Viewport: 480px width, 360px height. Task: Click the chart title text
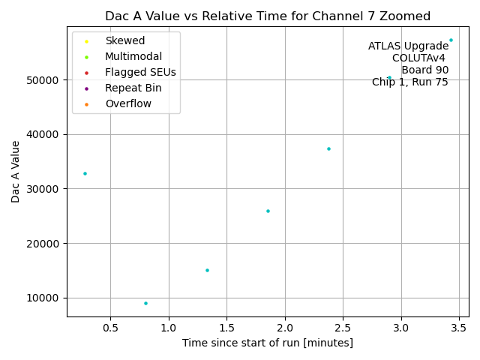click(x=268, y=16)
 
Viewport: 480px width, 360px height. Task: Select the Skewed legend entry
click(x=124, y=40)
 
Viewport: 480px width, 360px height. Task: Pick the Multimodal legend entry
click(x=133, y=56)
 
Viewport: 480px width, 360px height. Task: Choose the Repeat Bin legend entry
click(x=133, y=88)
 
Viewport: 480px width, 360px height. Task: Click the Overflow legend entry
click(x=128, y=103)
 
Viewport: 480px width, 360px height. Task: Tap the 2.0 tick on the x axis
click(x=285, y=328)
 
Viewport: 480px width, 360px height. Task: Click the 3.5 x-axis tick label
click(x=459, y=328)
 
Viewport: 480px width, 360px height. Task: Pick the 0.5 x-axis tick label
click(x=110, y=328)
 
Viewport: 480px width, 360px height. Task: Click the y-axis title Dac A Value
click(x=16, y=172)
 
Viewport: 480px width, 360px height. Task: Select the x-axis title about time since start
click(x=268, y=343)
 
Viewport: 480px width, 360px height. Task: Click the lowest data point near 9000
click(x=145, y=303)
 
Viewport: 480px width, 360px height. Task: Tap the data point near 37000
click(x=328, y=148)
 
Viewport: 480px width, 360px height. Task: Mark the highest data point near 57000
click(x=451, y=40)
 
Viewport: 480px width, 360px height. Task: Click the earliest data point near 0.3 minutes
click(x=85, y=173)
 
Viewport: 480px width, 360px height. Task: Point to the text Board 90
click(x=424, y=70)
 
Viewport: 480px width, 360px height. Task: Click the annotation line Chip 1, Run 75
click(x=410, y=82)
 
